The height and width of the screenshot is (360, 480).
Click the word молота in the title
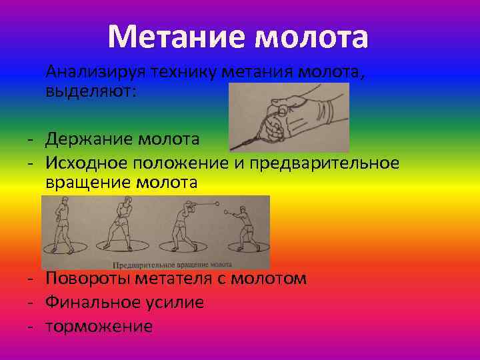coord(311,37)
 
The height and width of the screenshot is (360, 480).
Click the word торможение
coord(99,326)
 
